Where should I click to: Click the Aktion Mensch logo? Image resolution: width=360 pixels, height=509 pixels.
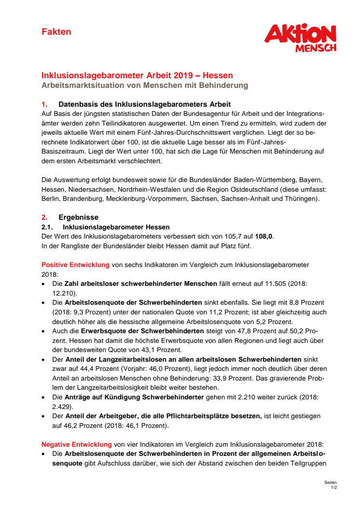click(300, 38)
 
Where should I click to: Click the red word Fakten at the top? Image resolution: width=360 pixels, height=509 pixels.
click(56, 32)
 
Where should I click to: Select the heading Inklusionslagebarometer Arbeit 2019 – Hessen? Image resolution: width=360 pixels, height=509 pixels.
click(137, 75)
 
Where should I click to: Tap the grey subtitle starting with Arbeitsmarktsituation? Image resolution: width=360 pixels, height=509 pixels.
click(145, 85)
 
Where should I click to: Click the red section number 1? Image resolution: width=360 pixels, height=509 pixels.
click(44, 104)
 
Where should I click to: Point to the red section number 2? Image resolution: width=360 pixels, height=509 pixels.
click(44, 218)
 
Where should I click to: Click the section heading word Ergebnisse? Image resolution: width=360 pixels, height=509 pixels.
click(78, 218)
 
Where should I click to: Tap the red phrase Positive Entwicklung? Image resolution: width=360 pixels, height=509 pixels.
click(76, 265)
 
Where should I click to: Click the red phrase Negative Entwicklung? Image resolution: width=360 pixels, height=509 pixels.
click(77, 444)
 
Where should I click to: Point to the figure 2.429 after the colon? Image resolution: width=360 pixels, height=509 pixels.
click(62, 407)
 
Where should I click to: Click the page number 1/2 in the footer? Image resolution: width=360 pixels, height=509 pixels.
click(333, 488)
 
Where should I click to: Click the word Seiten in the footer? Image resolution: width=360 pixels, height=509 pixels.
click(331, 483)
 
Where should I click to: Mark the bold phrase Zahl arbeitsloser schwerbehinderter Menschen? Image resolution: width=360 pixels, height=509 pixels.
click(141, 284)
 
